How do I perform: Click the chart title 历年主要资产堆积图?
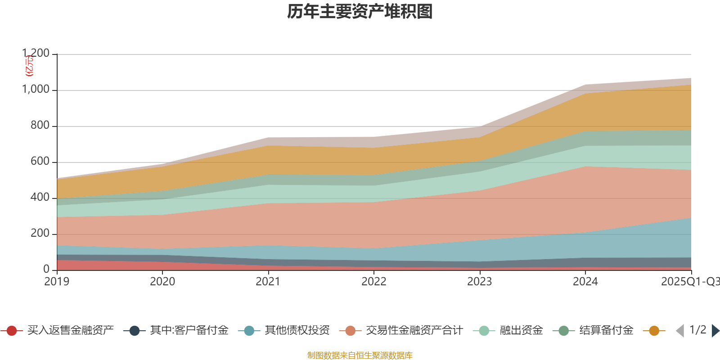[360, 12]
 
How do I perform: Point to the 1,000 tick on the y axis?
[36, 90]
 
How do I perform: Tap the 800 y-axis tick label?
[40, 126]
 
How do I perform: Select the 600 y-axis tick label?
[40, 162]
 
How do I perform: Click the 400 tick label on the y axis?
[40, 198]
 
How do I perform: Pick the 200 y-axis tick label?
[40, 234]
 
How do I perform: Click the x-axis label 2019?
[57, 282]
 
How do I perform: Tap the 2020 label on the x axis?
[162, 282]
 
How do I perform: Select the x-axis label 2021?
[268, 282]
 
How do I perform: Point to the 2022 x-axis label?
[374, 282]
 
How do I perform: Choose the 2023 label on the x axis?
[480, 282]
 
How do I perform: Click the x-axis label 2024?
[585, 282]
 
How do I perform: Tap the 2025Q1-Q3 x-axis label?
[690, 282]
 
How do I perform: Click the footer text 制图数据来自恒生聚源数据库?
[360, 355]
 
